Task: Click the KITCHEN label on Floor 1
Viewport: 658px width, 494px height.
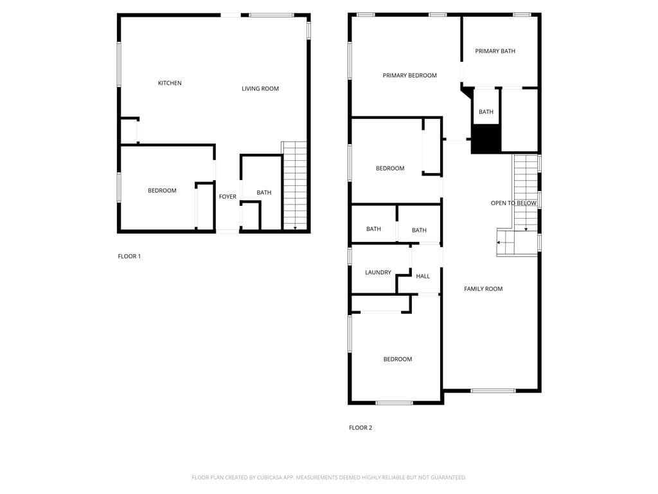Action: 170,83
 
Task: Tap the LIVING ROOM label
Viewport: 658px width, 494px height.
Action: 260,89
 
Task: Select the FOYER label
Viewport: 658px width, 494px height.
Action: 227,197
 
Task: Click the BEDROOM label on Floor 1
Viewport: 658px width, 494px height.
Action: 162,190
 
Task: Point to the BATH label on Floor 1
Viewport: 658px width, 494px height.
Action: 264,192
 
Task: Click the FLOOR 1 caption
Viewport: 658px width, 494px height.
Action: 129,256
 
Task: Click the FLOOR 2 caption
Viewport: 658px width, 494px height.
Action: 360,428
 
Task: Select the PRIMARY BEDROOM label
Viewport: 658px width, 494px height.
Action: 409,75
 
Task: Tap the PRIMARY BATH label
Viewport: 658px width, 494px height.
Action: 495,51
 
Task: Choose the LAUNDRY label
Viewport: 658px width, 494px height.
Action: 378,272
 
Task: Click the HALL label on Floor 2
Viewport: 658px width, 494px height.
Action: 423,276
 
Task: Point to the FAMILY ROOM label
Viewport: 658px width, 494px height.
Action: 483,289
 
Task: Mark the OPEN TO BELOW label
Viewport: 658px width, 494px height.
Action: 513,203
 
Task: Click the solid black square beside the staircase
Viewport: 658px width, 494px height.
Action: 486,139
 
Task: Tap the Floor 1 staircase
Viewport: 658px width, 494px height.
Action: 294,187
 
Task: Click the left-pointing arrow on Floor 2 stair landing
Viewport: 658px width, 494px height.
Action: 499,242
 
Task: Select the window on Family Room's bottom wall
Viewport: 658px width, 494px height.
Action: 493,390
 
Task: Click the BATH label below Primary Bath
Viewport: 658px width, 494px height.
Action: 486,112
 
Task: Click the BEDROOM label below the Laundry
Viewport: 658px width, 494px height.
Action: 398,359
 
